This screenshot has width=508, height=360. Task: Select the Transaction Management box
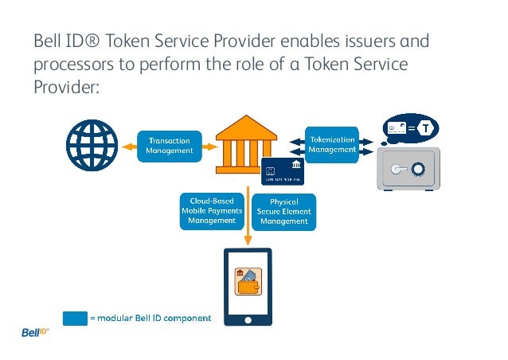click(x=170, y=146)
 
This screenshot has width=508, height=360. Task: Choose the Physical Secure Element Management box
click(x=284, y=211)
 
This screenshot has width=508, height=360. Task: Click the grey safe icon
click(x=408, y=170)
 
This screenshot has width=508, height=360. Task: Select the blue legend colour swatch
click(x=75, y=318)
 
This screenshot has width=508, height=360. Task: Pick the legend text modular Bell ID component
click(x=150, y=319)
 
